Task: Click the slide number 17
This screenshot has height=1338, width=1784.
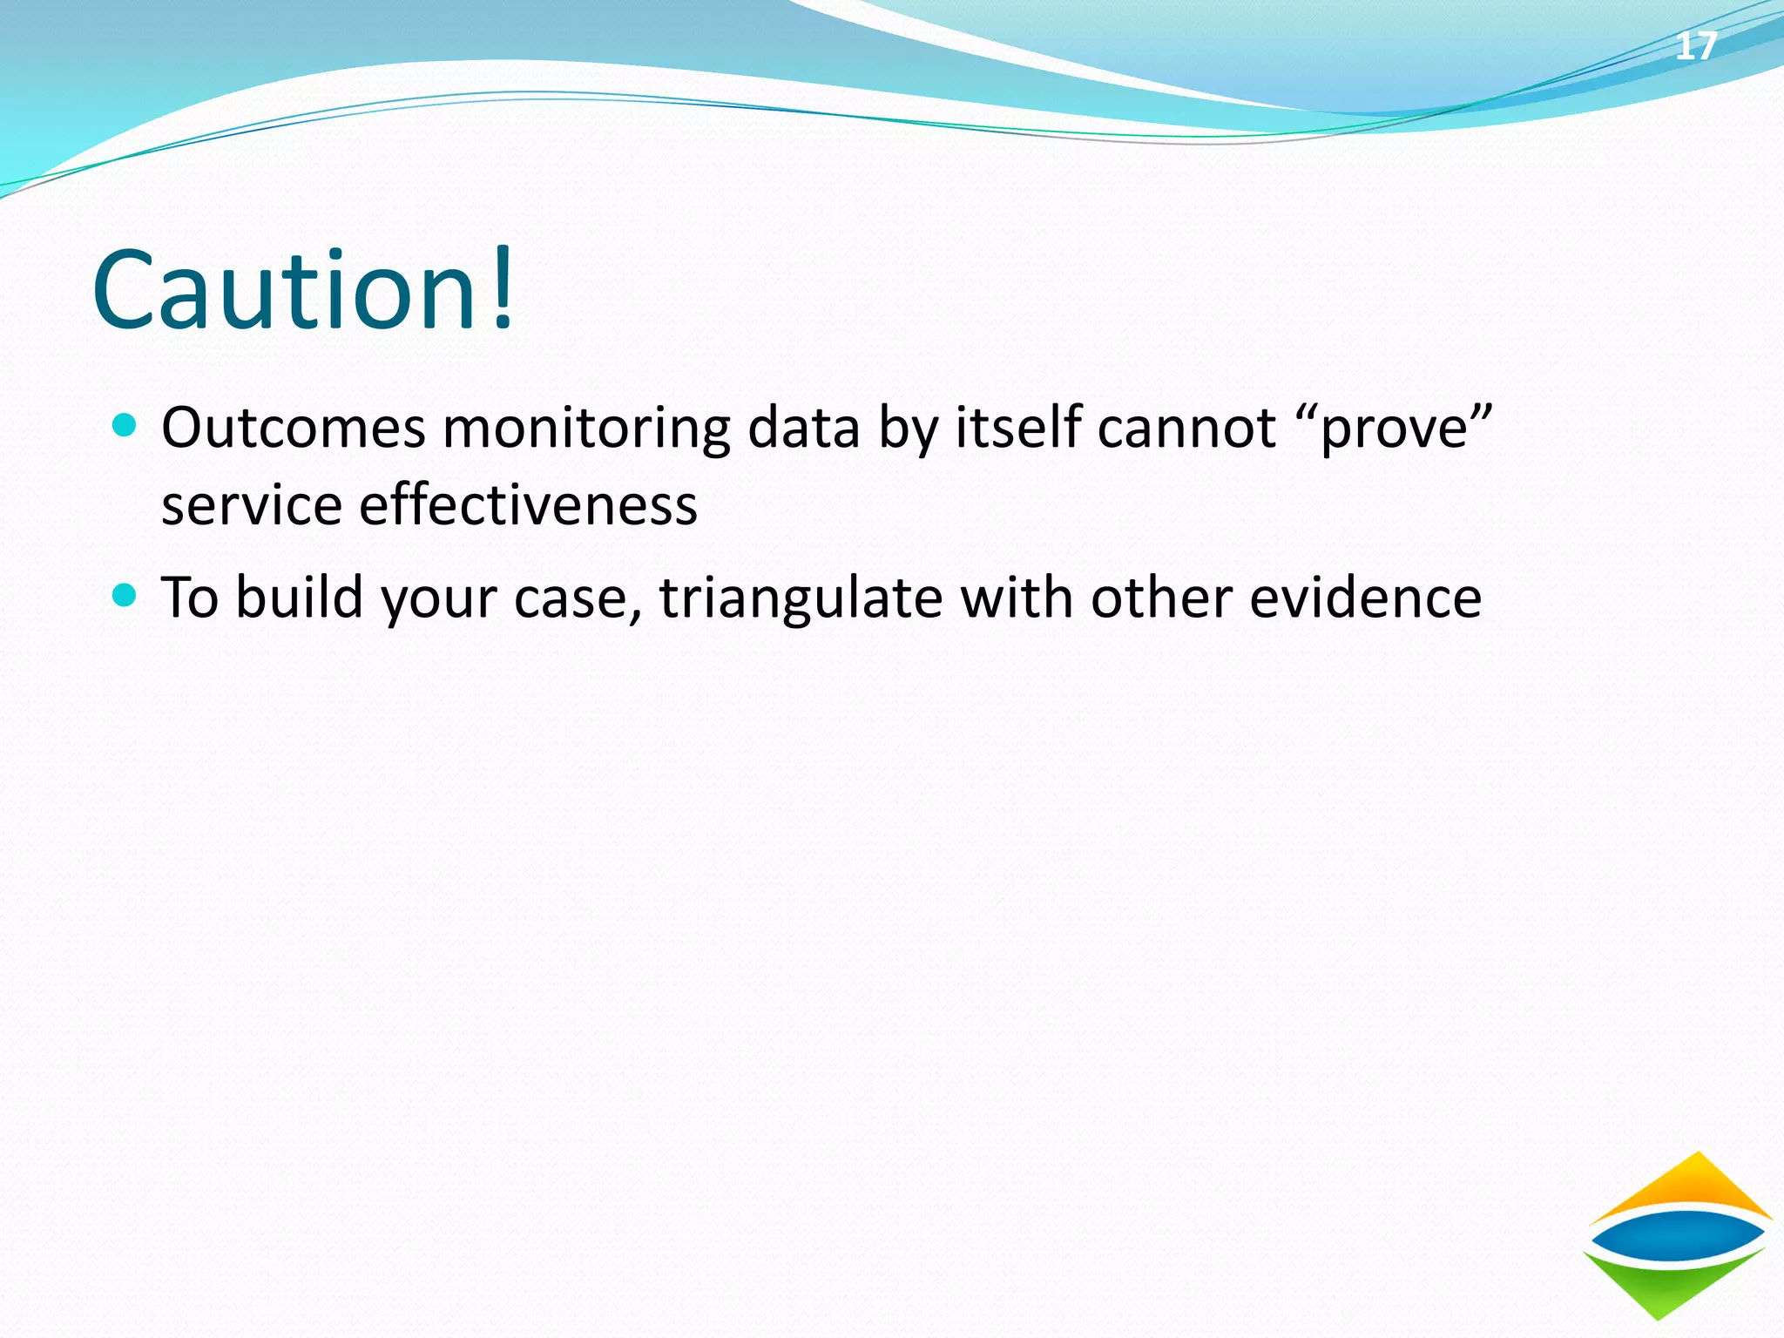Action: pyautogui.click(x=1696, y=46)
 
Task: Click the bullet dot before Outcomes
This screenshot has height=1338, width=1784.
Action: pyautogui.click(x=125, y=426)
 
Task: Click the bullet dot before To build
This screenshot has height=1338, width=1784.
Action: pyautogui.click(x=125, y=596)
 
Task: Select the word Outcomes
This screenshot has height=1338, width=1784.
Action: pyautogui.click(x=294, y=428)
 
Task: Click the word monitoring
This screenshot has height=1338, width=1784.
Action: pyautogui.click(x=586, y=429)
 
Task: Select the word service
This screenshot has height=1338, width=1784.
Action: pyautogui.click(x=252, y=505)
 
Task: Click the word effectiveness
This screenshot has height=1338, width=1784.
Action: pyautogui.click(x=528, y=505)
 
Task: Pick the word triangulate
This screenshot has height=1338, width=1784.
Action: pyautogui.click(x=801, y=599)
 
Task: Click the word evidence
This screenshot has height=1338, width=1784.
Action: pyautogui.click(x=1365, y=598)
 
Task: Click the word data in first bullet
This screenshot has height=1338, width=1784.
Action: pyautogui.click(x=803, y=428)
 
